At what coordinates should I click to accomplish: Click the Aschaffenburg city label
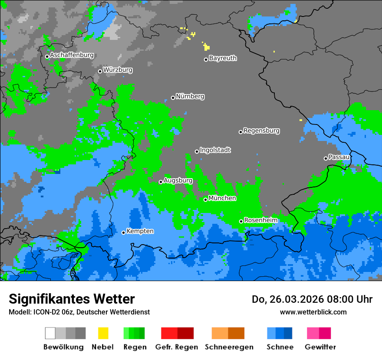pos(72,55)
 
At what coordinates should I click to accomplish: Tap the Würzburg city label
pos(118,70)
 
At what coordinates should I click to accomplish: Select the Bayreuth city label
pos(223,58)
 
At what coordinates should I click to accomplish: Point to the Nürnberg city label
pos(190,96)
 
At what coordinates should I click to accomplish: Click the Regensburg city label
pos(261,131)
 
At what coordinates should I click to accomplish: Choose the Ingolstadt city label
pos(215,150)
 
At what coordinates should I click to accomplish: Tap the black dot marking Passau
pos(326,158)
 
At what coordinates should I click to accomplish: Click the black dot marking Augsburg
pos(161,182)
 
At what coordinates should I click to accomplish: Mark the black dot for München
pos(206,200)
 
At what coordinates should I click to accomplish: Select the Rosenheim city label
pos(260,220)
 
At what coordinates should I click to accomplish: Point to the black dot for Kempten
pos(124,232)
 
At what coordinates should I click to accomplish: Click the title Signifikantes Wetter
pos(72,299)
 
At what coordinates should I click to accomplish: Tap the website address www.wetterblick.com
pos(313,312)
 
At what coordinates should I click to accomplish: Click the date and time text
pos(312,299)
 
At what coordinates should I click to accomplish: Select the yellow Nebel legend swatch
pos(103,333)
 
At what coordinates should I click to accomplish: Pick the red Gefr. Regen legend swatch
pos(177,333)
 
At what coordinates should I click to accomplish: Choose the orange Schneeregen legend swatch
pos(228,333)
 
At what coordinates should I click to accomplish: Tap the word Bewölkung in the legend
pos(63,347)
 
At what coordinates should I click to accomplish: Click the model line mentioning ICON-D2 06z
pos(79,312)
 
